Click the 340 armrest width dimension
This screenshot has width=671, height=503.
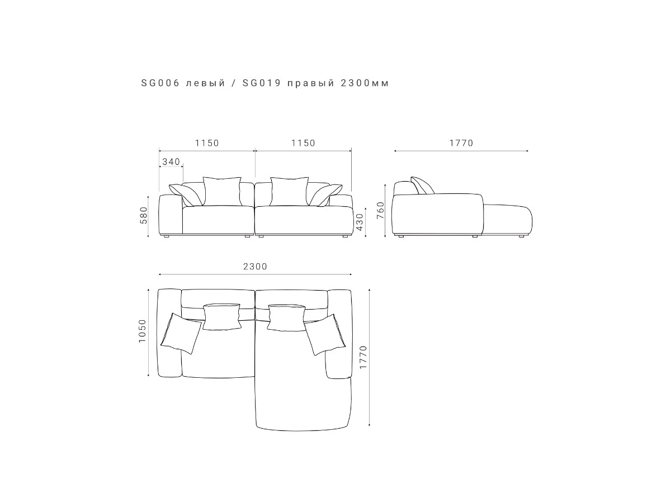(x=171, y=162)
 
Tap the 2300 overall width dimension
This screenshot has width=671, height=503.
(x=255, y=267)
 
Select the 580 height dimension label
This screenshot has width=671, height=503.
(x=143, y=215)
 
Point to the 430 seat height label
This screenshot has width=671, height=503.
(x=360, y=222)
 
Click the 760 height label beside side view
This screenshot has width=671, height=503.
(x=380, y=210)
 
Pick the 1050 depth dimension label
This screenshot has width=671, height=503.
(x=143, y=331)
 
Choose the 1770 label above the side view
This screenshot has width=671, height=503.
(x=461, y=143)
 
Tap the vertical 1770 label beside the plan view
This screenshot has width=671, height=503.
(x=363, y=357)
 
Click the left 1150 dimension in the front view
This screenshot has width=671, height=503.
(x=207, y=143)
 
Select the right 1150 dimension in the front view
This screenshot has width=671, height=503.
(x=303, y=143)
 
